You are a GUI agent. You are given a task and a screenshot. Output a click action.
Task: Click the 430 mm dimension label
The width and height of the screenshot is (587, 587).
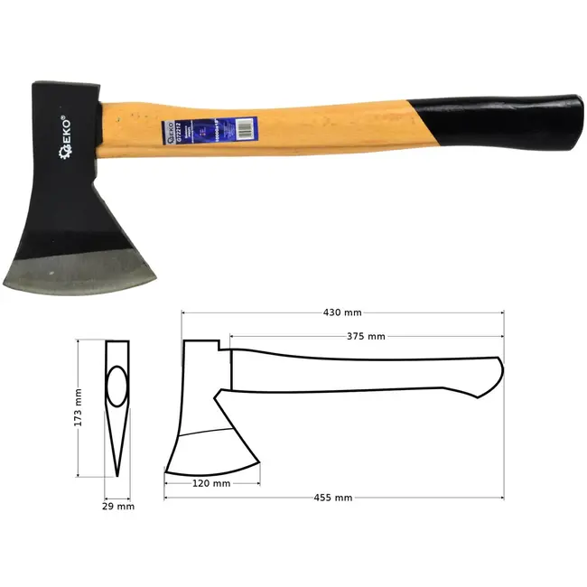(x=342, y=312)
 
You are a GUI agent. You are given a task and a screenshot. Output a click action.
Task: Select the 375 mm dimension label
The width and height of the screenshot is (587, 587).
(x=366, y=336)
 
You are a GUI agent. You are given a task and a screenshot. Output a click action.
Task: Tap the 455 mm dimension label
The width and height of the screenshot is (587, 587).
(x=333, y=498)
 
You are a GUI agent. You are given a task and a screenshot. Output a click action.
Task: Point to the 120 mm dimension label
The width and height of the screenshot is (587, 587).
(x=211, y=484)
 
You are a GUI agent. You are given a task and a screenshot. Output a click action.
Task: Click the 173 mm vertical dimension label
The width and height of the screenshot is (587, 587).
(x=78, y=407)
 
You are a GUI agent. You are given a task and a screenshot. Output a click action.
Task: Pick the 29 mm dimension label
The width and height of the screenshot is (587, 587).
(x=118, y=507)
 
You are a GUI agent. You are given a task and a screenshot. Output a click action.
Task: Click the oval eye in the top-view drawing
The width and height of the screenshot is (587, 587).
(x=116, y=387)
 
